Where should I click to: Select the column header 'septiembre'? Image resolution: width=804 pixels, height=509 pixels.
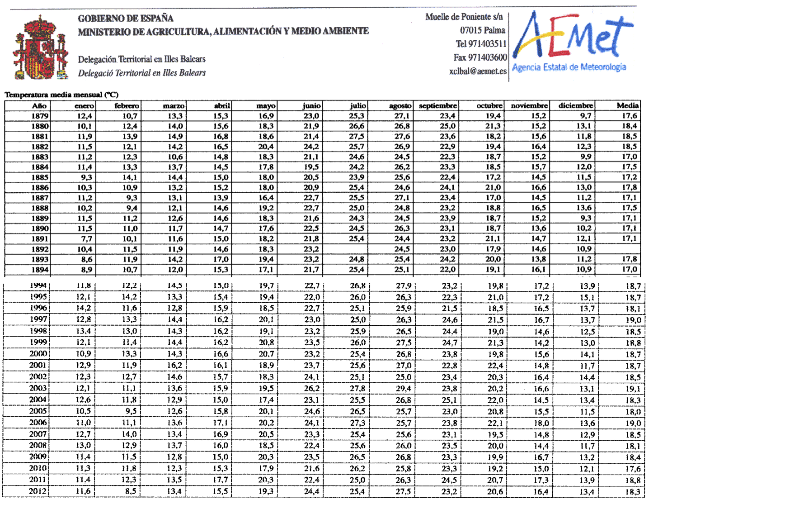pyautogui.click(x=437, y=105)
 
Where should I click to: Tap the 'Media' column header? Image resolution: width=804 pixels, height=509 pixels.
pyautogui.click(x=627, y=105)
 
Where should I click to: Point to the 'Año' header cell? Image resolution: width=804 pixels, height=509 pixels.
pyautogui.click(x=39, y=105)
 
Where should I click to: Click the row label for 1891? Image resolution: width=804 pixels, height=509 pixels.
pyautogui.click(x=40, y=239)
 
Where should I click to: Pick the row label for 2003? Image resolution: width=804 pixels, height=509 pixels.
pyautogui.click(x=38, y=388)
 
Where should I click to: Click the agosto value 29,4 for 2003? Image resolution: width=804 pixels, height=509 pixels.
pyautogui.click(x=403, y=389)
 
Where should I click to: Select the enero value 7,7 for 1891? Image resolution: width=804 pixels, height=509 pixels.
pyautogui.click(x=86, y=239)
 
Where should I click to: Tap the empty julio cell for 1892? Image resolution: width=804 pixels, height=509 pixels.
pyautogui.click(x=345, y=249)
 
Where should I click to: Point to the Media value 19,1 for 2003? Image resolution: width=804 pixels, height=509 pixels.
pyautogui.click(x=633, y=389)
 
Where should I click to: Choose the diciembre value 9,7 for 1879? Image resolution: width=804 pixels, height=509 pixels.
pyautogui.click(x=586, y=116)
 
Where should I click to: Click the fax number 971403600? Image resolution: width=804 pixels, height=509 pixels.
pyautogui.click(x=480, y=57)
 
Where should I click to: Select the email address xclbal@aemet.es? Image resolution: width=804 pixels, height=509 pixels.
pyautogui.click(x=478, y=71)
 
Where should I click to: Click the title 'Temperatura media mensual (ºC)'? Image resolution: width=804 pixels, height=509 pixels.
pyautogui.click(x=61, y=95)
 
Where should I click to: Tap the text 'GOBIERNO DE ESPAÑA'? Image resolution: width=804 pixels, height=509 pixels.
pyautogui.click(x=126, y=19)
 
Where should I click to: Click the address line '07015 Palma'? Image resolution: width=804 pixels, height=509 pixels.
pyautogui.click(x=482, y=30)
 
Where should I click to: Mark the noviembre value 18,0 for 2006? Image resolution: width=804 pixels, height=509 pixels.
pyautogui.click(x=541, y=423)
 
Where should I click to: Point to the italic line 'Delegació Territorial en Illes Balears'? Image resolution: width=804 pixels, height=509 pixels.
pyautogui.click(x=142, y=73)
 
